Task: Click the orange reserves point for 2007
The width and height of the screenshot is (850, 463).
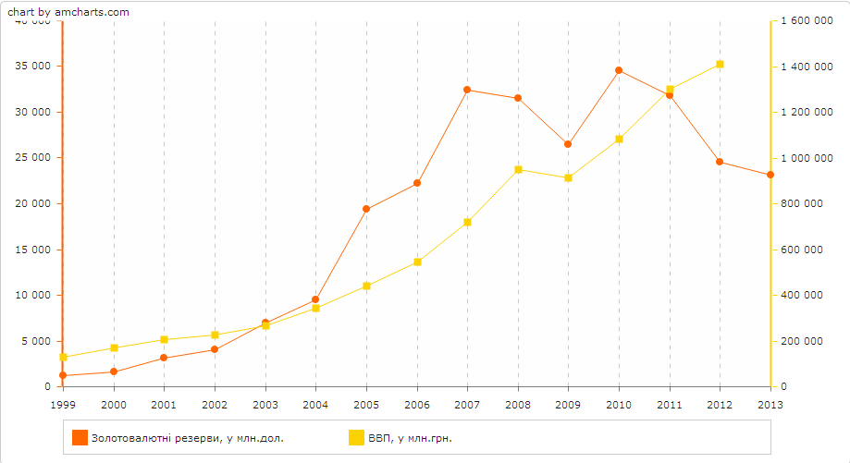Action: pyautogui.click(x=467, y=90)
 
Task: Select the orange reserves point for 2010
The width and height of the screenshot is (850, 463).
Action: pyautogui.click(x=619, y=70)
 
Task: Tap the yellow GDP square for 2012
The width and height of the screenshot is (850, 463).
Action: pyautogui.click(x=720, y=64)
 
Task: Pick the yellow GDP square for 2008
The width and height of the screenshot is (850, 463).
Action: pyautogui.click(x=518, y=169)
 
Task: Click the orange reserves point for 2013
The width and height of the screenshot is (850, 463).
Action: pyautogui.click(x=770, y=175)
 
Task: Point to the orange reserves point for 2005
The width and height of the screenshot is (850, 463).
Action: pyautogui.click(x=366, y=209)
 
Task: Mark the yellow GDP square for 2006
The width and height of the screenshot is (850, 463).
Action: pyautogui.click(x=417, y=262)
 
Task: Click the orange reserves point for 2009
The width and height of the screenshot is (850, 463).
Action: pyautogui.click(x=568, y=144)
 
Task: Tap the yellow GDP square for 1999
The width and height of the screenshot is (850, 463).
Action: pyautogui.click(x=64, y=357)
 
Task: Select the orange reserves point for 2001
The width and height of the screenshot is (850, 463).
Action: pyautogui.click(x=164, y=358)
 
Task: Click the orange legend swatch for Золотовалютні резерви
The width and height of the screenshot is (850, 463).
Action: pyautogui.click(x=80, y=438)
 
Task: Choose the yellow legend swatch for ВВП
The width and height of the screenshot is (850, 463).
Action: pyautogui.click(x=355, y=438)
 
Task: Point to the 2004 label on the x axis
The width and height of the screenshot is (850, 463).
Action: pyautogui.click(x=315, y=405)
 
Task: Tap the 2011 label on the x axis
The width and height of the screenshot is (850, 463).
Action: pyautogui.click(x=669, y=405)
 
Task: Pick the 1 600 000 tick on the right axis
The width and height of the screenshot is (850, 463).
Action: pyautogui.click(x=802, y=20)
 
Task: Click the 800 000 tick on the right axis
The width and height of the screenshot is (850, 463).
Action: pyautogui.click(x=802, y=203)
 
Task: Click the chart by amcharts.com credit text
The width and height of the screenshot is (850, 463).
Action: pyautogui.click(x=68, y=12)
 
